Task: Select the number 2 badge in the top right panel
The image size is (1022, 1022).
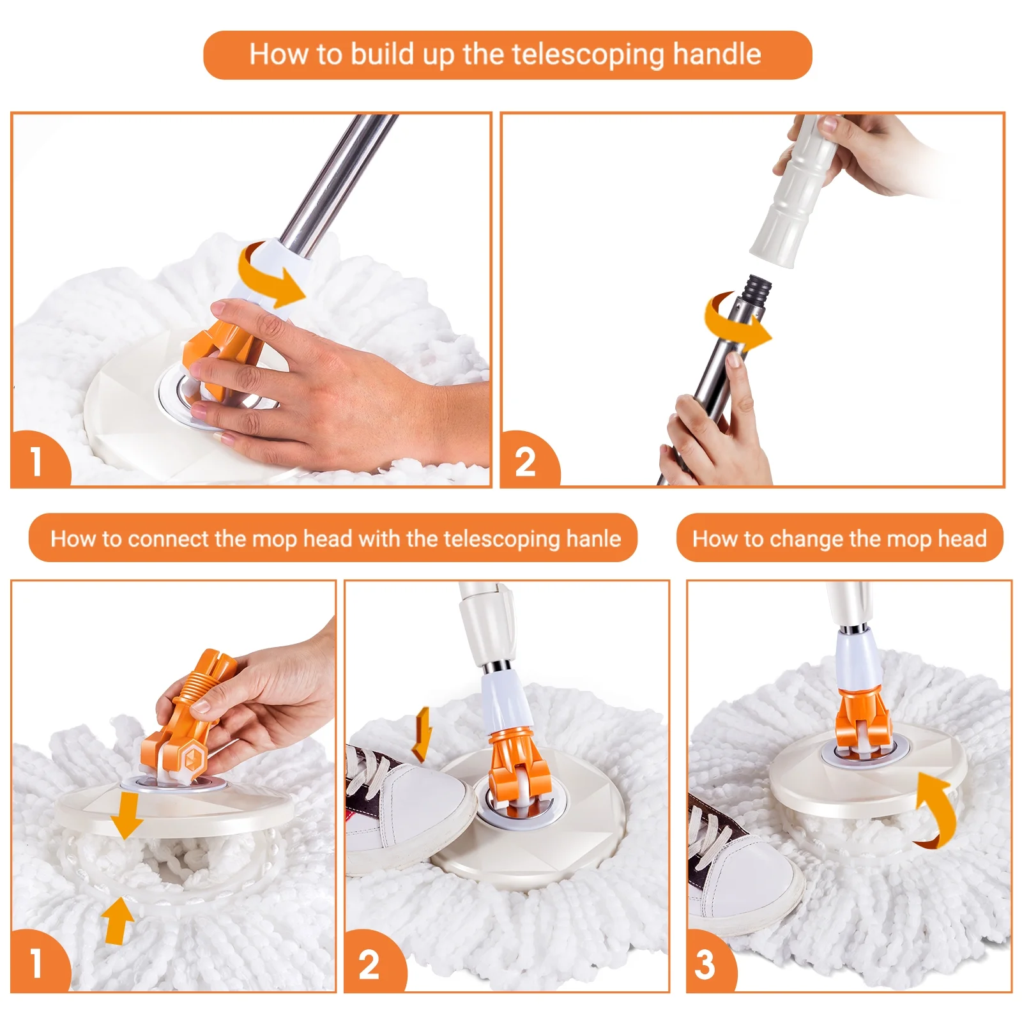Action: click(x=525, y=461)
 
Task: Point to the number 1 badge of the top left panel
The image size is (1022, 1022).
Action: click(x=36, y=461)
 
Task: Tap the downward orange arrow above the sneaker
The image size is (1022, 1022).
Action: click(x=422, y=735)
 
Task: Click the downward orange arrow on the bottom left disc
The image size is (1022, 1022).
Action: click(x=126, y=814)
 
